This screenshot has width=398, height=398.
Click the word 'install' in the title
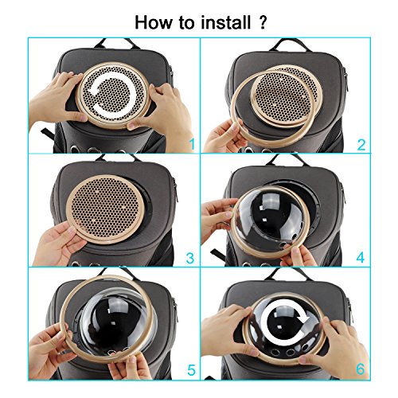coord(226,22)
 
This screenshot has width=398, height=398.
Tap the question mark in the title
coord(262,22)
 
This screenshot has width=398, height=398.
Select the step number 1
coord(192,144)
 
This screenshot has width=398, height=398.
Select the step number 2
coord(361,145)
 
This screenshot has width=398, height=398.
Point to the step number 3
coord(190,258)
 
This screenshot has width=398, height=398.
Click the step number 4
coord(361,258)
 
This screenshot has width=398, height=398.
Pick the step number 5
coord(191,369)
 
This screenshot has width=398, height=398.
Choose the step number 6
coord(361,369)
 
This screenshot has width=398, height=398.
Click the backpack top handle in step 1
coord(117,43)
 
